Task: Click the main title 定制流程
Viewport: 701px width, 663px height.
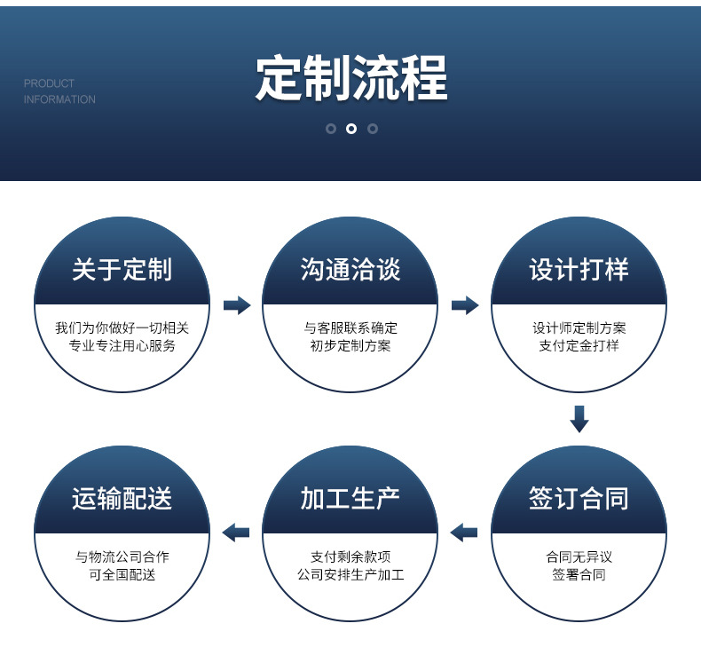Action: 351,78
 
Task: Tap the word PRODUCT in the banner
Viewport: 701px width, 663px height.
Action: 49,83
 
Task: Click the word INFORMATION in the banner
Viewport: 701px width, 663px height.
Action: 59,99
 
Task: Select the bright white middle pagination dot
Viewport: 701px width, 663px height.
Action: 351,129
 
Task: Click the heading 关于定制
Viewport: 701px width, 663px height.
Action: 122,270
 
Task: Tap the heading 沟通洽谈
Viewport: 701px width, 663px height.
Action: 350,270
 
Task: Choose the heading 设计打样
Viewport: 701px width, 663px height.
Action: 579,270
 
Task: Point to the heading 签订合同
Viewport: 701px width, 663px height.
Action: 579,498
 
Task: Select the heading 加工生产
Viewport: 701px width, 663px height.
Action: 350,498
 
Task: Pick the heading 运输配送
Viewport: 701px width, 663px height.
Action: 122,498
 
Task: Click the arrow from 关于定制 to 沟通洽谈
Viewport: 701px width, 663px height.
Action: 237,305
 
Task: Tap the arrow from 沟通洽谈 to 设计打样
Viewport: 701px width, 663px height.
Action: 465,305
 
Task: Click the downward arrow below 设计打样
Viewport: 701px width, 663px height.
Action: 579,419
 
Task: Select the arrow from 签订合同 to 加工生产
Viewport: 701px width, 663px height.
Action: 464,533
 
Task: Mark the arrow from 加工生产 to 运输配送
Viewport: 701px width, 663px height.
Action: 236,533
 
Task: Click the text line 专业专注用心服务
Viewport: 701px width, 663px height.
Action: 122,345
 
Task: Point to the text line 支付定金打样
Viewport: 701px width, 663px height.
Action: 579,345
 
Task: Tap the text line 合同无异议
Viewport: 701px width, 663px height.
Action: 579,557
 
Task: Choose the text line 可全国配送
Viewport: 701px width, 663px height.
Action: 122,574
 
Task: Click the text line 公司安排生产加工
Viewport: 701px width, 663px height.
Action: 350,574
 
